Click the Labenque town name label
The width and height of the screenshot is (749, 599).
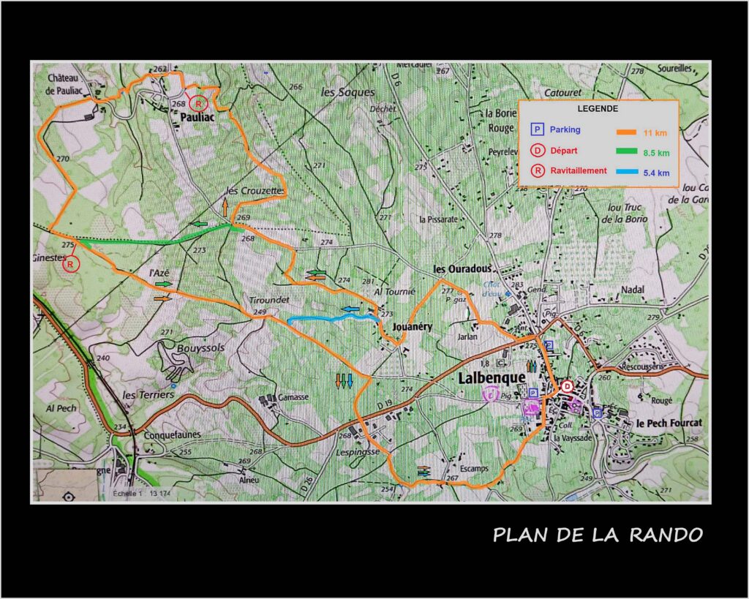492,378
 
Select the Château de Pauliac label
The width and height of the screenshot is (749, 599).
72,83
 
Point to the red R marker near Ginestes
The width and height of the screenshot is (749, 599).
70,265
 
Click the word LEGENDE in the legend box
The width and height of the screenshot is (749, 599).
598,108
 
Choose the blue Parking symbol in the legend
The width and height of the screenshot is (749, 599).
537,129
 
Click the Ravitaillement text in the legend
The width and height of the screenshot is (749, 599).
579,170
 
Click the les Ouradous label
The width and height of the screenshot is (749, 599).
462,268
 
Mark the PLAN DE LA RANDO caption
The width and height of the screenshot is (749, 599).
598,535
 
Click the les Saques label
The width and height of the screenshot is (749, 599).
347,92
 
